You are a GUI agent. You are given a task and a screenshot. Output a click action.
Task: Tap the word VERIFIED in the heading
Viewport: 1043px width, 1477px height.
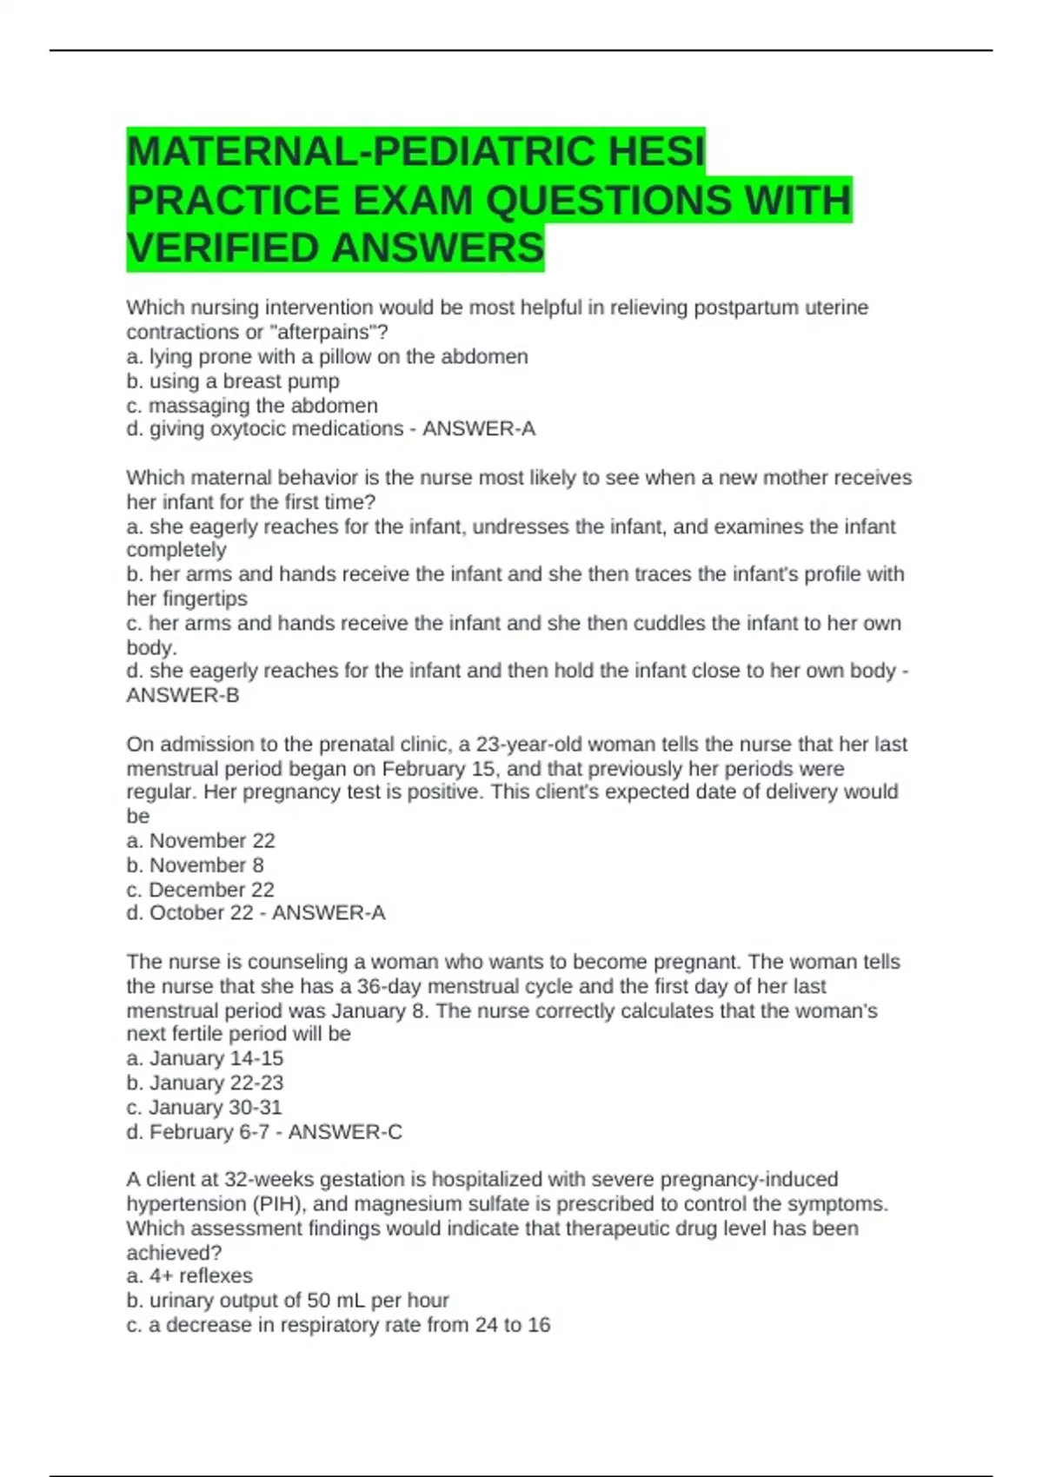(x=223, y=248)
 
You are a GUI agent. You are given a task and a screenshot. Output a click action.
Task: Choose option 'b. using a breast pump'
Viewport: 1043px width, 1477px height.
(x=233, y=381)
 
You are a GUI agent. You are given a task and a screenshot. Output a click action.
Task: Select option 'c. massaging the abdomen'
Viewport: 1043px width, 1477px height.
(x=252, y=406)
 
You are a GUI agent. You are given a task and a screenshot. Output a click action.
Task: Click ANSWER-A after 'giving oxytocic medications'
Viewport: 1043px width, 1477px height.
(x=479, y=429)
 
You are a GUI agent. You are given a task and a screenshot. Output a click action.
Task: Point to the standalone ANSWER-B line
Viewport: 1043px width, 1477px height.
(x=183, y=695)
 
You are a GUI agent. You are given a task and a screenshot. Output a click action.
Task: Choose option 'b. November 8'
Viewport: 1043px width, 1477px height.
(x=196, y=865)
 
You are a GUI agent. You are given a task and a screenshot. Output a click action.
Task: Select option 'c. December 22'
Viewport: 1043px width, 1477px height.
(x=201, y=890)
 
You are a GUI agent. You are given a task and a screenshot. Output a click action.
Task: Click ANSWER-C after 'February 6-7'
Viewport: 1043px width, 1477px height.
(x=345, y=1132)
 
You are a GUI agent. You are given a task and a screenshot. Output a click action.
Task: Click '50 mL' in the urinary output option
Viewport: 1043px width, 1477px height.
(x=335, y=1301)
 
